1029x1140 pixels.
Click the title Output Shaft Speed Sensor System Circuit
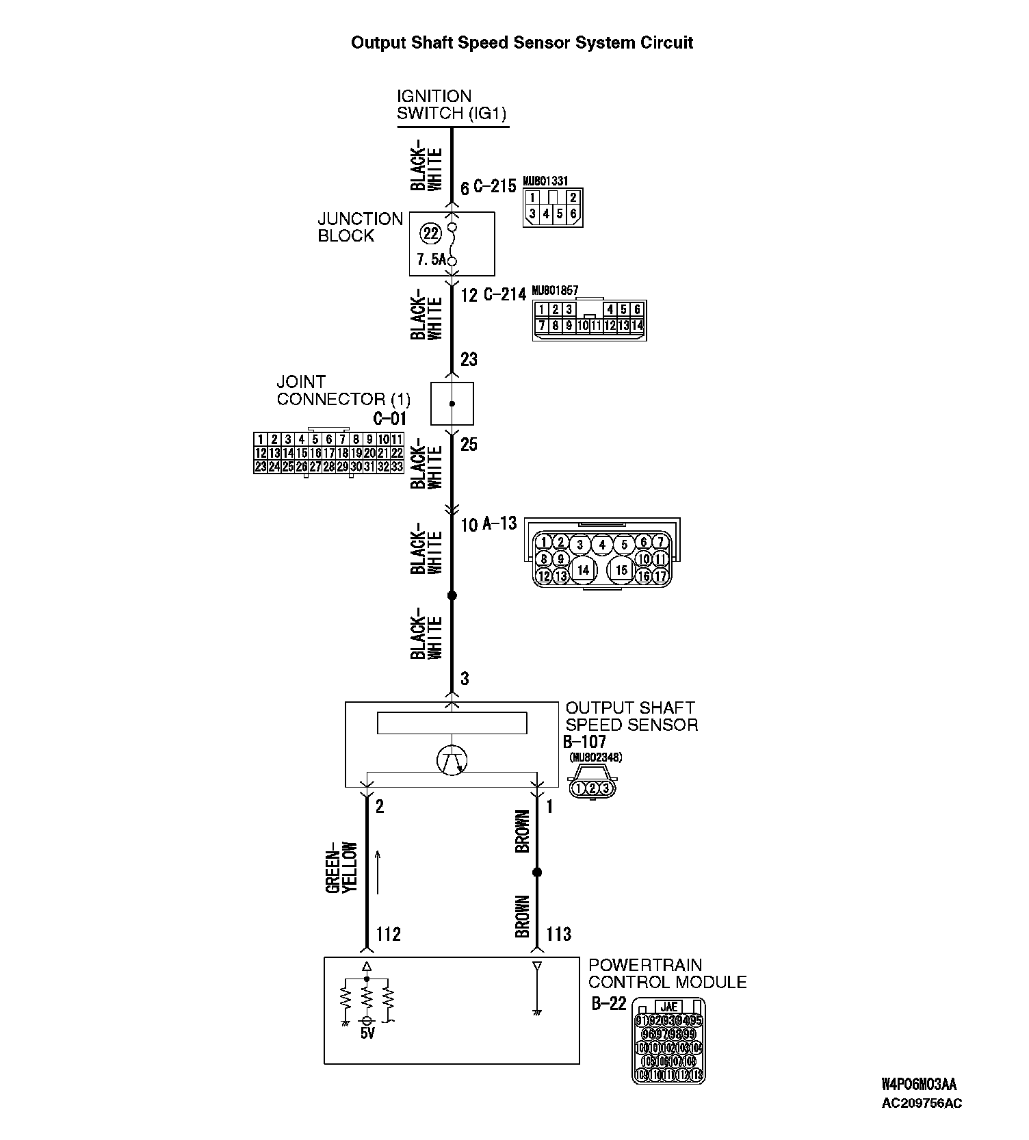[521, 43]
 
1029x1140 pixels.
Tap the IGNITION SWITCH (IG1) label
[452, 105]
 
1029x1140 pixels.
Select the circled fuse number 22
[431, 234]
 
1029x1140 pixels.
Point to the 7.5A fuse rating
[431, 260]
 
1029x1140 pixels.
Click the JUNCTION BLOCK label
[360, 227]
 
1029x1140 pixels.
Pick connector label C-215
[495, 186]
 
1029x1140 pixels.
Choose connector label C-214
[505, 295]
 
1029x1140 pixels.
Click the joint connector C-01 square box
[452, 404]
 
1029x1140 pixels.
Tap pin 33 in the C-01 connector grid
[397, 467]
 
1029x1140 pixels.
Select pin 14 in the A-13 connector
[583, 569]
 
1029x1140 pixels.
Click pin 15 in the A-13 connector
[621, 569]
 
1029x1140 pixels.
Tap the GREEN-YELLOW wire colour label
[341, 867]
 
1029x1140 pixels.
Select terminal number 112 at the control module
[389, 934]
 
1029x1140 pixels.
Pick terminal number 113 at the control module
[558, 934]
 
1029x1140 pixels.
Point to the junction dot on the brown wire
[537, 872]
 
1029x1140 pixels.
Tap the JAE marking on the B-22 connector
[669, 1007]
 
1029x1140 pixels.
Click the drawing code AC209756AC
[922, 1103]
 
